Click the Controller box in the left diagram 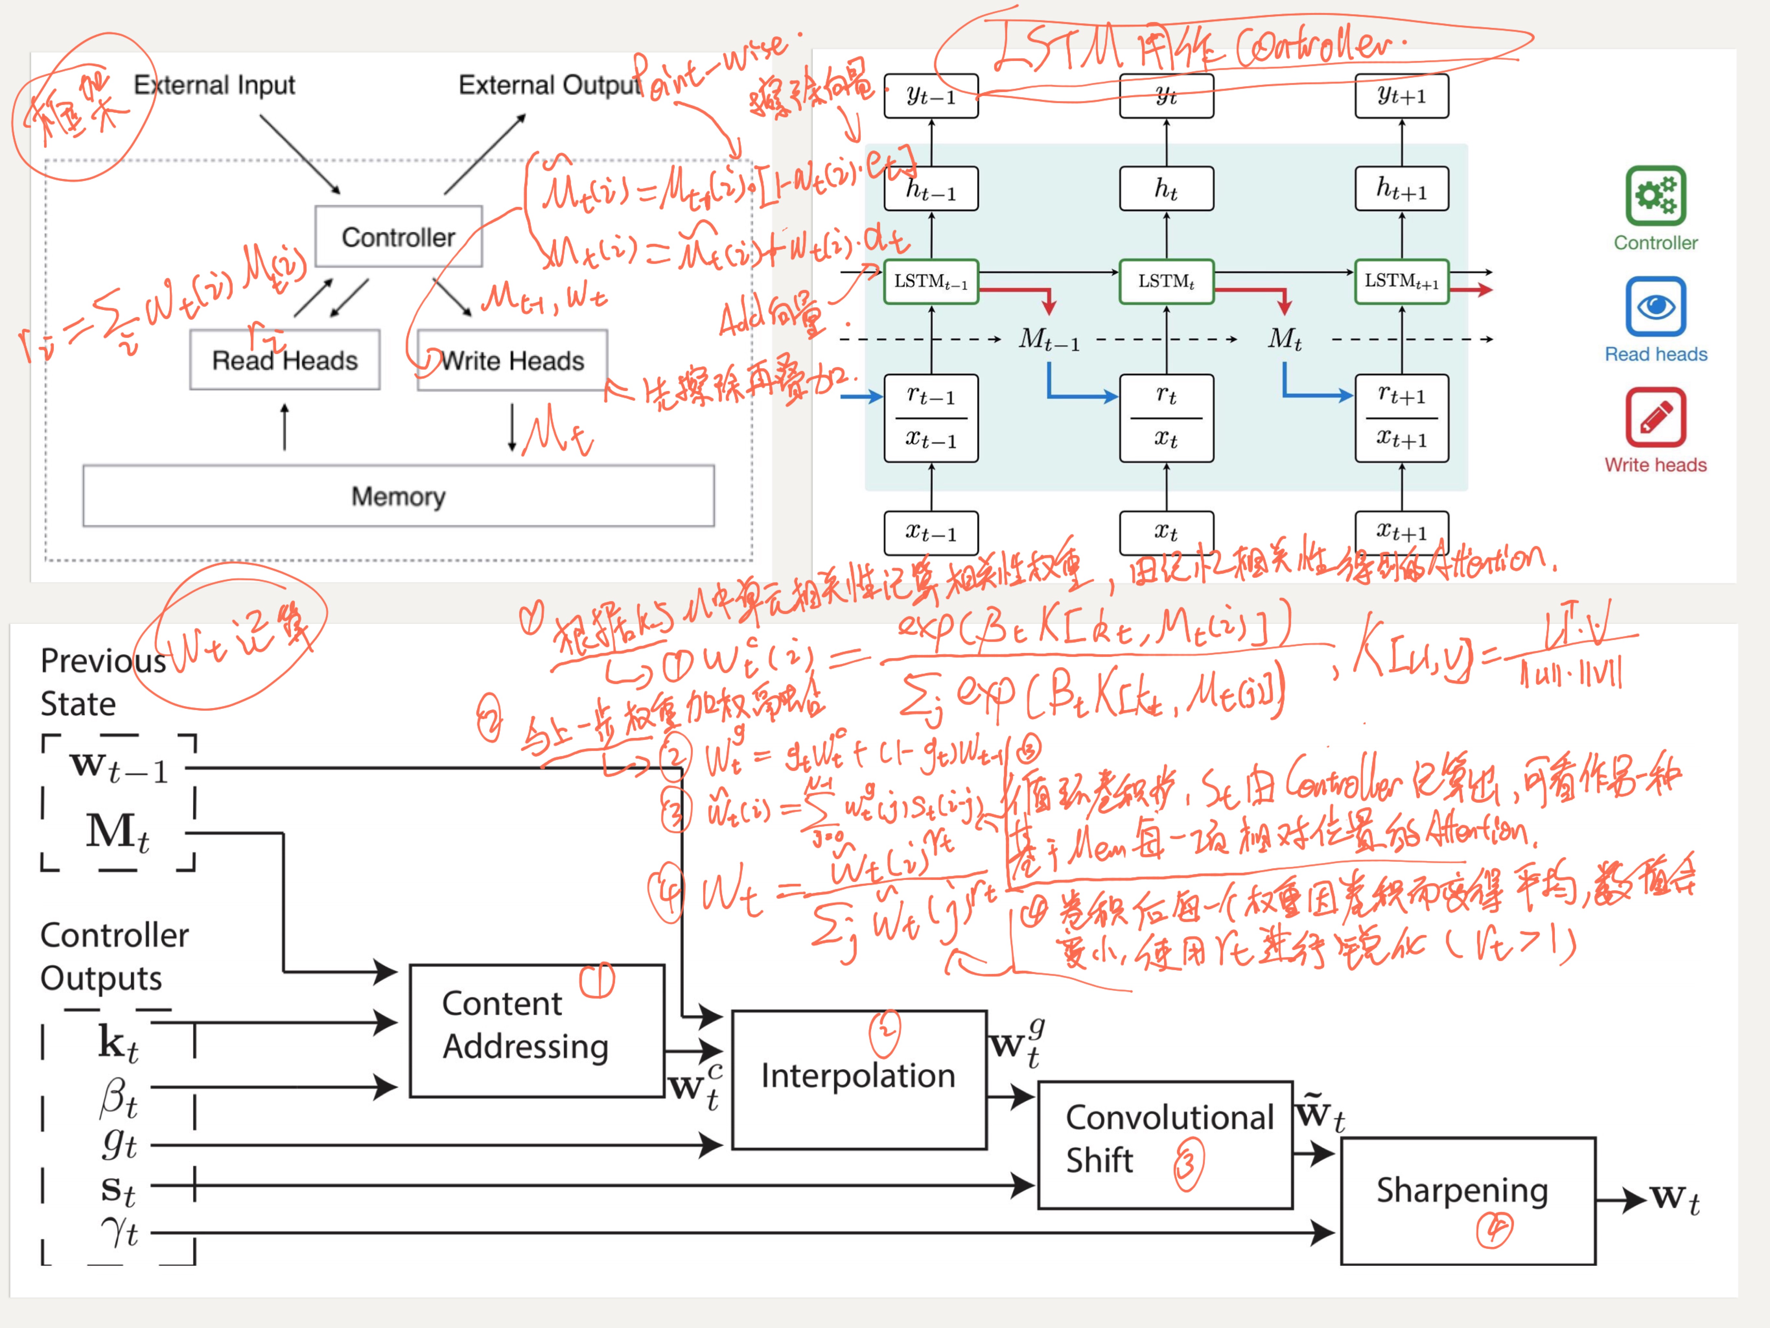click(399, 237)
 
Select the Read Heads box click(285, 360)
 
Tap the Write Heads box click(512, 361)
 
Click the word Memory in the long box click(399, 496)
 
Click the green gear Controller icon click(1655, 195)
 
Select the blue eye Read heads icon click(1655, 307)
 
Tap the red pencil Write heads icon click(1655, 417)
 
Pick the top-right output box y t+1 click(1401, 96)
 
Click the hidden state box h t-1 click(931, 190)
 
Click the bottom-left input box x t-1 click(931, 533)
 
